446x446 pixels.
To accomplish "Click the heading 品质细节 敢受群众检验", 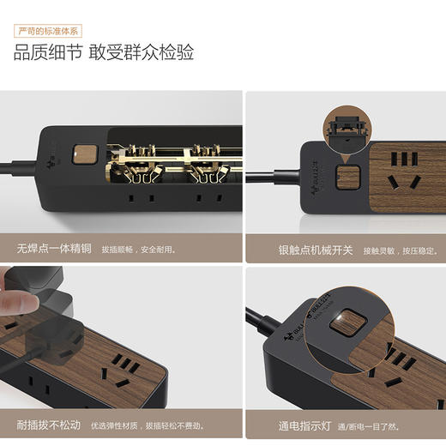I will (x=103, y=53).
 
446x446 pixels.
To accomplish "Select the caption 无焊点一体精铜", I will (x=53, y=250).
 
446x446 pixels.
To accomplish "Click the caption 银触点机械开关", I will (x=315, y=250).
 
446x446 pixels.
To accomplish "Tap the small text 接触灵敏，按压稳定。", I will (x=401, y=250).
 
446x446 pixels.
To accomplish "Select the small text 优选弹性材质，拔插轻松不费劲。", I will (x=149, y=425).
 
